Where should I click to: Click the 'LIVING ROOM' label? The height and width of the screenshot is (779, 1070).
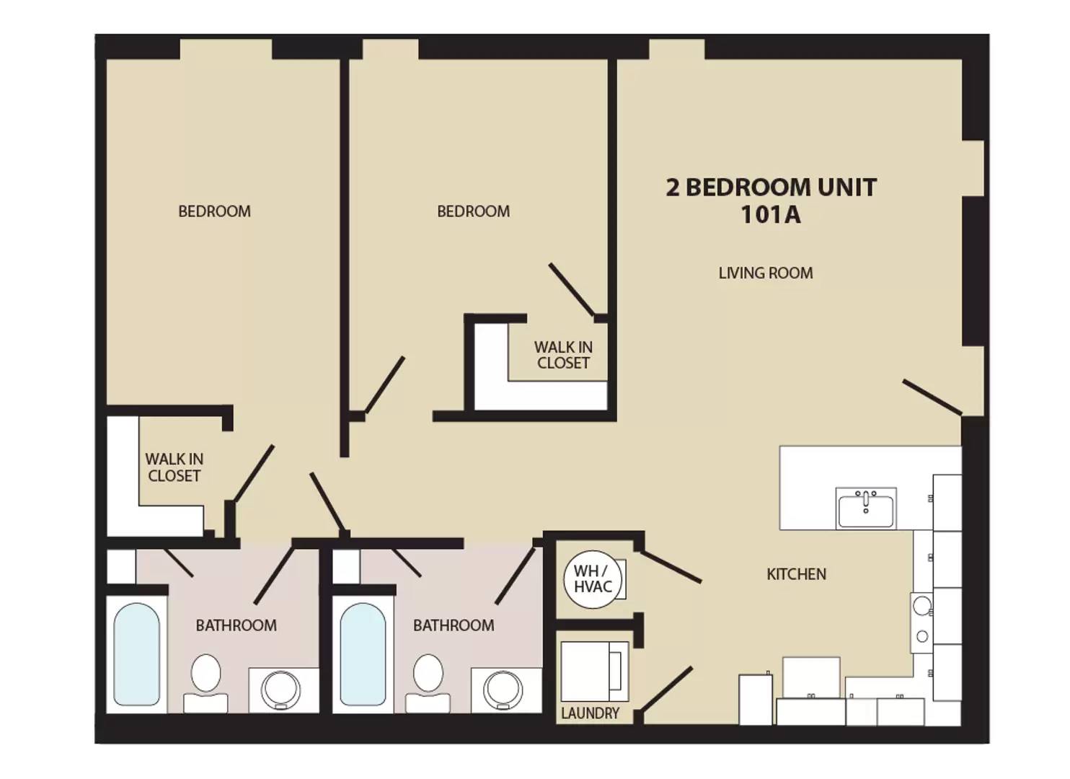[765, 273]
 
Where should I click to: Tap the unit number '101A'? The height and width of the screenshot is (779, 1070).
[770, 214]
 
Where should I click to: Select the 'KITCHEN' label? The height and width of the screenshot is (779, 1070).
[796, 574]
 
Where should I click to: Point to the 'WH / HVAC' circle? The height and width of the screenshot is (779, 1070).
[592, 579]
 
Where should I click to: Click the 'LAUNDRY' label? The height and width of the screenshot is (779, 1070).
[590, 713]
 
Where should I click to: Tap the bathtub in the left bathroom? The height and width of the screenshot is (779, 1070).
[137, 654]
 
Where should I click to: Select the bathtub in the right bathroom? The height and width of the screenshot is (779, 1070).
[363, 654]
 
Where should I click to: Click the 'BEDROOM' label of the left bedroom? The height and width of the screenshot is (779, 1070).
[214, 211]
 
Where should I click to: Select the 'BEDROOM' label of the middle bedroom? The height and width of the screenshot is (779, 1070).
[473, 211]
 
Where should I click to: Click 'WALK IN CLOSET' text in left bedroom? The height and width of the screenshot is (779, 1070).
[174, 467]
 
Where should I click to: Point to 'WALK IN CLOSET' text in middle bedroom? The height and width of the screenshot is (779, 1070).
[563, 355]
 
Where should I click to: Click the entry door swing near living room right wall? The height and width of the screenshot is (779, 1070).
[932, 397]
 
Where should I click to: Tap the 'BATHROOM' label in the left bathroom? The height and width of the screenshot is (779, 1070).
[236, 625]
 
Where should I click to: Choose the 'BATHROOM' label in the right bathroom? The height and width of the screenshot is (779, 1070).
[454, 625]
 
